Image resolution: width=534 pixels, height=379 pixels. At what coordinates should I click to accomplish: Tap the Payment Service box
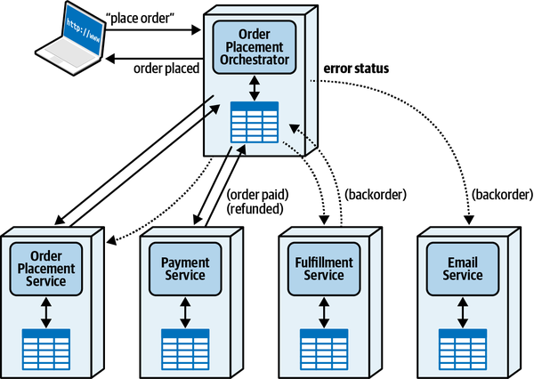point(185,268)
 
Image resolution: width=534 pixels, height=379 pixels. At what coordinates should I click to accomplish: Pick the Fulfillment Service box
point(324,268)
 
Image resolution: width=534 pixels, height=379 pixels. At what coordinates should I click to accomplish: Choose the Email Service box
point(463,268)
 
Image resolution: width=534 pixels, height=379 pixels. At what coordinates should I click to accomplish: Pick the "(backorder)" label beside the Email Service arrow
point(500,195)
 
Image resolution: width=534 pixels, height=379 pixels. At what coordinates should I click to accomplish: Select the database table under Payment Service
point(185,345)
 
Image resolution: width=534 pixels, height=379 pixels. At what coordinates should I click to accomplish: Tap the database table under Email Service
point(463,345)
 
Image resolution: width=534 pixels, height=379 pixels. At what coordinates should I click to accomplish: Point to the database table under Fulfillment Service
point(324,345)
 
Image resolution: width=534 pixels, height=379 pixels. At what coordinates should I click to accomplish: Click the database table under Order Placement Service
point(46,345)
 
